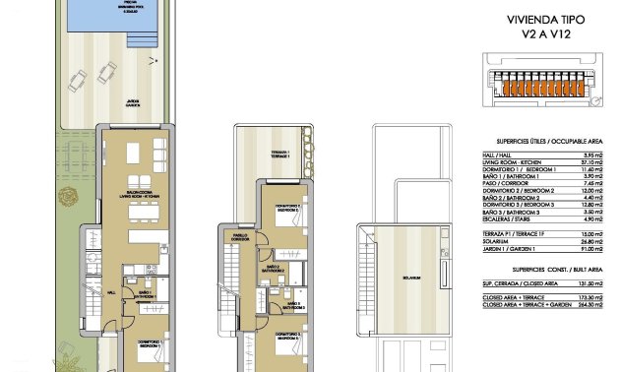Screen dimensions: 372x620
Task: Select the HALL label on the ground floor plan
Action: click(111, 292)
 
